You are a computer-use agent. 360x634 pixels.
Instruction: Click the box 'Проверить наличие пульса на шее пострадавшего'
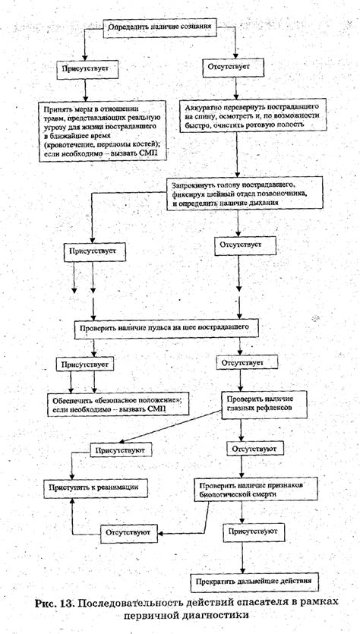pyautogui.click(x=172, y=328)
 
